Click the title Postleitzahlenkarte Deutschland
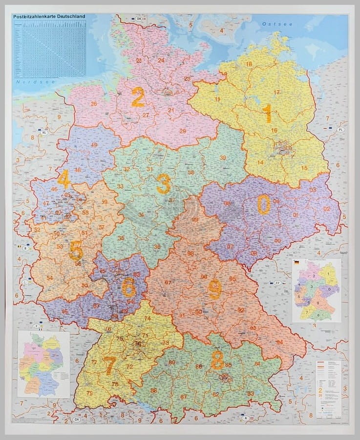[49, 16]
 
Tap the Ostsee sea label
[270, 24]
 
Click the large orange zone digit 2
[138, 97]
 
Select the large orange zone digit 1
[267, 113]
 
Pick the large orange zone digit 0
[264, 204]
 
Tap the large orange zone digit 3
[163, 185]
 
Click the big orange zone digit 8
[217, 360]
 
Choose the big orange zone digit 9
[214, 289]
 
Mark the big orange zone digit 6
[128, 287]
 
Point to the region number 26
[94, 104]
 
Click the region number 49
[94, 145]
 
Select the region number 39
[223, 157]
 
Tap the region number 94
[279, 342]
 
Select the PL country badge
[340, 130]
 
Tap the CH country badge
[76, 419]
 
